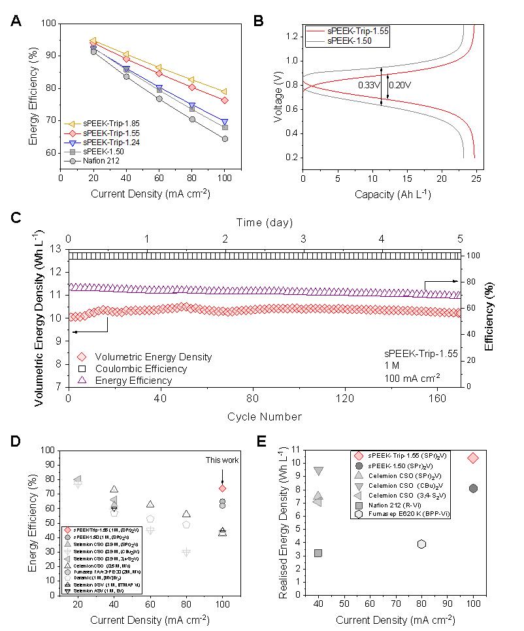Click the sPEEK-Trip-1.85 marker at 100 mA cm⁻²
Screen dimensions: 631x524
(x=225, y=92)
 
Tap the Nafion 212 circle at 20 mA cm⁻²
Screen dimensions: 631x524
(x=93, y=51)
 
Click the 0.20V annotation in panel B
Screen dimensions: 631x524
(x=400, y=85)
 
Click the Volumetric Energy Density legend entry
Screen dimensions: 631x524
(x=153, y=357)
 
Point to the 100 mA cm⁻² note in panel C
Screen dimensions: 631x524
(x=412, y=377)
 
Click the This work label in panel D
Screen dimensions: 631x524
(x=222, y=460)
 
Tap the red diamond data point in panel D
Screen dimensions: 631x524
(x=222, y=488)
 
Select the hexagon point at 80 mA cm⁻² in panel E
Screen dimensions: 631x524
(x=422, y=544)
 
